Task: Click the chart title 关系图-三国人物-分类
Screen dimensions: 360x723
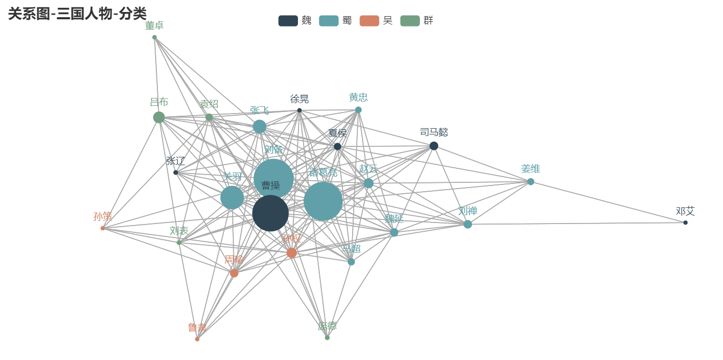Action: tap(77, 14)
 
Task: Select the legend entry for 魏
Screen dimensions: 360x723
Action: tap(295, 21)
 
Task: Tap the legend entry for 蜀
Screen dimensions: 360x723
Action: tap(335, 21)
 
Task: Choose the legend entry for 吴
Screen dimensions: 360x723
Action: tap(376, 21)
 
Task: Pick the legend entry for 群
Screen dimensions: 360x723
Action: tap(417, 21)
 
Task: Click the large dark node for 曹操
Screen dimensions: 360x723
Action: tap(270, 213)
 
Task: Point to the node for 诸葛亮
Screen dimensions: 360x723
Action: tap(323, 201)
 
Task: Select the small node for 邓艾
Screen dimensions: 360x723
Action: tap(685, 222)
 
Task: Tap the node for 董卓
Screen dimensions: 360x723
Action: tap(154, 38)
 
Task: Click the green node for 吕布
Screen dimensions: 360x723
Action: tap(159, 117)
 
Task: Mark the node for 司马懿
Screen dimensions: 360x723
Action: tap(434, 146)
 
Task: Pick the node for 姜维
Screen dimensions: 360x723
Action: tap(531, 182)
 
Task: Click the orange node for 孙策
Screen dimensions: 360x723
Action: tap(103, 228)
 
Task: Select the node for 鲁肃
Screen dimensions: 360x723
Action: tap(197, 339)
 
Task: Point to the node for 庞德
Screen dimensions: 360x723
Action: tap(327, 338)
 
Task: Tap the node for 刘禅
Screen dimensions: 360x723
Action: tap(468, 224)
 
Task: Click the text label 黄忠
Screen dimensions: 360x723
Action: tap(358, 97)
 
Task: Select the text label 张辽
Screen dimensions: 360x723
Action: tap(176, 160)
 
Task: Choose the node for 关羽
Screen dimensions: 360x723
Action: tap(232, 197)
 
